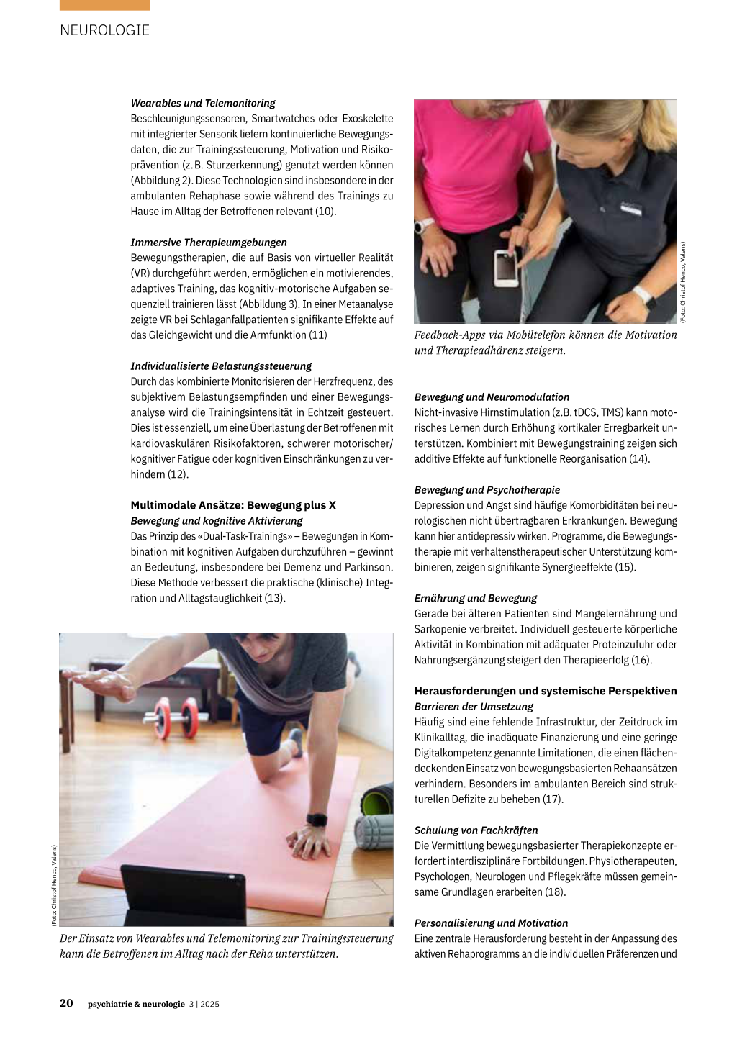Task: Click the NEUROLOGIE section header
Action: pos(105,30)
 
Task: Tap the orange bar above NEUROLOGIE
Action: pos(105,5)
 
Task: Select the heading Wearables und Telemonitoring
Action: pos(203,103)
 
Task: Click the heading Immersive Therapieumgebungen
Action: pos(209,243)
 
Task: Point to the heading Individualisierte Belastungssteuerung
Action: pos(221,366)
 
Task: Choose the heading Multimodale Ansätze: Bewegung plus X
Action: pos(233,505)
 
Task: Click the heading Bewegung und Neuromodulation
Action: pos(492,397)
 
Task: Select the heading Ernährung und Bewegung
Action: pos(476,598)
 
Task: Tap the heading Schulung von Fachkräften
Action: pos(476,830)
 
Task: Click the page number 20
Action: pos(66,1003)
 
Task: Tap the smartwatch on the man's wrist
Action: pos(317,820)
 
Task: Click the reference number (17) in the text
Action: pos(552,799)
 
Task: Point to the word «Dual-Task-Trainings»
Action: pos(242,536)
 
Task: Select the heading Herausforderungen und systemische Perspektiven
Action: pos(546,691)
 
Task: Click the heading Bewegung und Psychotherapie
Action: pos(487,490)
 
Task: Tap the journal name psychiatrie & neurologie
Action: pos(136,1005)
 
